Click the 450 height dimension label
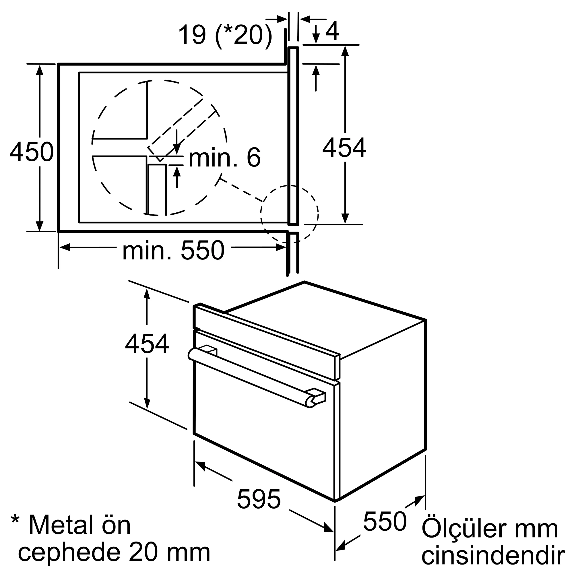[x=32, y=152]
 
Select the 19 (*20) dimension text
[x=225, y=35]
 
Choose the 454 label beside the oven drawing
[x=147, y=344]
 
